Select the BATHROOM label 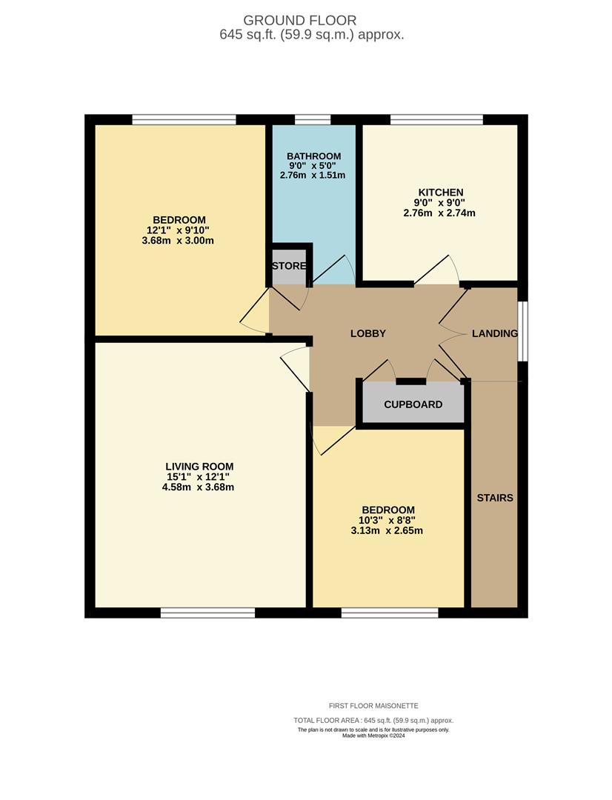tap(313, 156)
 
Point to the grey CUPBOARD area tap(413, 404)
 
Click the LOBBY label tap(368, 333)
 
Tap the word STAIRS tap(494, 498)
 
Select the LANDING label tap(494, 333)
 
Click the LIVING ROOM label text tap(199, 466)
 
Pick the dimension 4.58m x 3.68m tap(199, 487)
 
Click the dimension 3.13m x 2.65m tap(388, 530)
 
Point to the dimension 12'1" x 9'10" tap(179, 230)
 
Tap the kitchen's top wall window tap(436, 119)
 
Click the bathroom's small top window tap(312, 119)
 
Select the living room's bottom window tap(207, 612)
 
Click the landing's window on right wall tap(522, 331)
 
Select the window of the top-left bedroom tap(184, 119)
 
